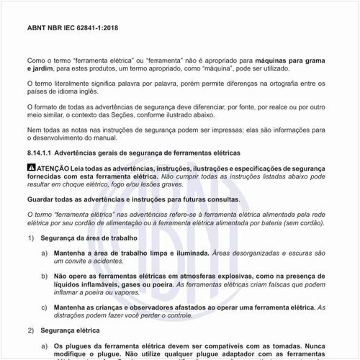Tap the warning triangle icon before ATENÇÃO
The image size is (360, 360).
click(x=30, y=168)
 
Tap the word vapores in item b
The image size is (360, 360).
click(x=127, y=292)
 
